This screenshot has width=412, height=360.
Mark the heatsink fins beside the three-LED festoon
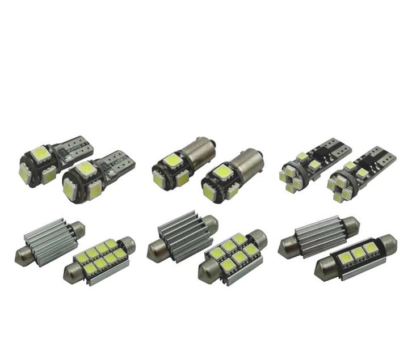pos(318,232)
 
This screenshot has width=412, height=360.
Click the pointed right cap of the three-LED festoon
pos(391,243)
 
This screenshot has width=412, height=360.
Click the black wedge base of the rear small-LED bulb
pos(332,149)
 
